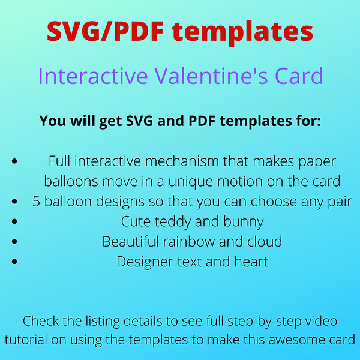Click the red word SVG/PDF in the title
[105, 31]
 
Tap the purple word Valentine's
[211, 76]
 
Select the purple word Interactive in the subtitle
[93, 76]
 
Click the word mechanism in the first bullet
[182, 161]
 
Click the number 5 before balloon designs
[36, 202]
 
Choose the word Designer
[145, 262]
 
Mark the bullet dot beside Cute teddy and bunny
[14, 221]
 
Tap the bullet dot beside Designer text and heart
[14, 262]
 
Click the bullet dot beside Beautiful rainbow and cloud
[14, 241]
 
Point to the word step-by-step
[264, 322]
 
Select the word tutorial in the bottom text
[26, 340]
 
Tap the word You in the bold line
[53, 121]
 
